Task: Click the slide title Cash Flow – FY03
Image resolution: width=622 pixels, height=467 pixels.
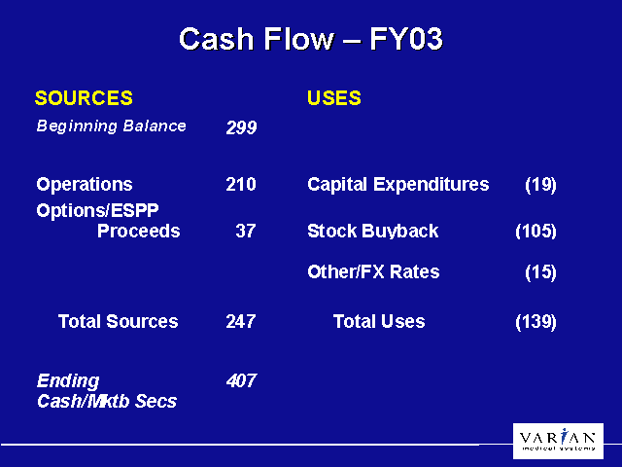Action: click(x=311, y=39)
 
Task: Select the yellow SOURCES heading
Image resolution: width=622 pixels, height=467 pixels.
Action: click(x=84, y=97)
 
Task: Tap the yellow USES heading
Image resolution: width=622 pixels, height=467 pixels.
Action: click(x=334, y=97)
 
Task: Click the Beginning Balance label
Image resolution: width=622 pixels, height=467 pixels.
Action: click(x=111, y=126)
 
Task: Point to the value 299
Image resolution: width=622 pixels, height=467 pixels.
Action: click(x=241, y=127)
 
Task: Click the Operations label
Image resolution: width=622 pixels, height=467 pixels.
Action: click(x=85, y=184)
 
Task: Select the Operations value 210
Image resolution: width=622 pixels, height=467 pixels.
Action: click(x=241, y=184)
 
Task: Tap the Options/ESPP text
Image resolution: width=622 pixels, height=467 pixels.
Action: click(x=97, y=210)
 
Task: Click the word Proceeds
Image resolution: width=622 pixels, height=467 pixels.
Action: click(x=138, y=231)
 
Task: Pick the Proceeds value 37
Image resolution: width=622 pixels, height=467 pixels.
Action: click(x=246, y=231)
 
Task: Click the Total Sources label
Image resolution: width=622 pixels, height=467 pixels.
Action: click(x=119, y=321)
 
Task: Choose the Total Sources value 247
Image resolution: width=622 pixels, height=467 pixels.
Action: click(x=241, y=321)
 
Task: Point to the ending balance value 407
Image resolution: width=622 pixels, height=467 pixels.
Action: click(x=241, y=380)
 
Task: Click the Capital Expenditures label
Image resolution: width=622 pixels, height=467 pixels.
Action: click(x=398, y=185)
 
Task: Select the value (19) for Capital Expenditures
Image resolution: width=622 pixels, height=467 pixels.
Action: click(x=540, y=185)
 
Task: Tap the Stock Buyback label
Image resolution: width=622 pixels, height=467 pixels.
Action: click(x=373, y=232)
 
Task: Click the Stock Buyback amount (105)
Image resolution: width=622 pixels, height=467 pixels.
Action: click(x=536, y=232)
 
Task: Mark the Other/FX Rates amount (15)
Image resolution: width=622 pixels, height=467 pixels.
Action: click(x=540, y=272)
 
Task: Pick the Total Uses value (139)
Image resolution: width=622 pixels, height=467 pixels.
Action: click(x=536, y=322)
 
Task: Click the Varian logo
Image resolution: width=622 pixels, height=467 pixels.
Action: click(x=558, y=441)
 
